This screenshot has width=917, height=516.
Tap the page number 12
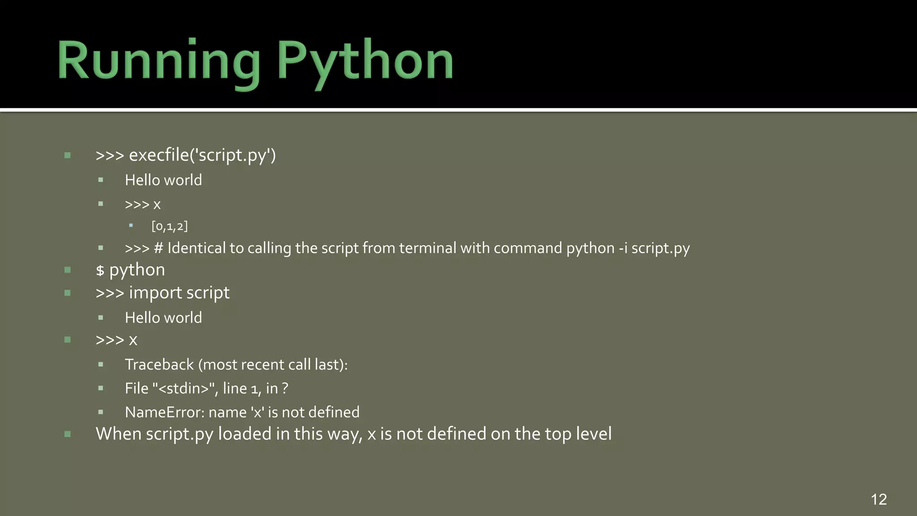coord(878,499)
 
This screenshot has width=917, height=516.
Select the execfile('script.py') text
coord(202,155)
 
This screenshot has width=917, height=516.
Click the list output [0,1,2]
coord(170,226)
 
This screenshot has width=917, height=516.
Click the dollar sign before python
coord(100,271)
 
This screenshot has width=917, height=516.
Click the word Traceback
coord(159,365)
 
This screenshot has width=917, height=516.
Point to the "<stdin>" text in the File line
coord(185,388)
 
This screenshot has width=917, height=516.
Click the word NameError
coord(164,412)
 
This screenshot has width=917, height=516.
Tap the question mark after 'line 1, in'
coord(285,388)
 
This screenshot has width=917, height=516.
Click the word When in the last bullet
coord(118,434)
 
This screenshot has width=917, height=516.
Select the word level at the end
coord(593,434)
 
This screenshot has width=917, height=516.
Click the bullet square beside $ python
coord(68,270)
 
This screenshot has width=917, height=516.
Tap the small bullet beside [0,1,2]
coord(131,226)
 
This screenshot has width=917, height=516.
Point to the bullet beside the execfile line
coord(68,155)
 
